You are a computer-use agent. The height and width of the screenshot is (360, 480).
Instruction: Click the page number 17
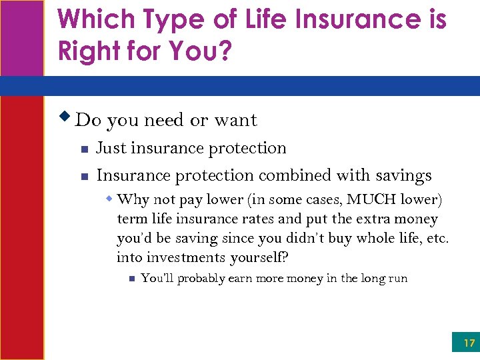[x=469, y=343]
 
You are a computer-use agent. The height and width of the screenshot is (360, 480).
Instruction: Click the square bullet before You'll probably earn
[x=132, y=279]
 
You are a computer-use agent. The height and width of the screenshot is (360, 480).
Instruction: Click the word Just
[x=111, y=148]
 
